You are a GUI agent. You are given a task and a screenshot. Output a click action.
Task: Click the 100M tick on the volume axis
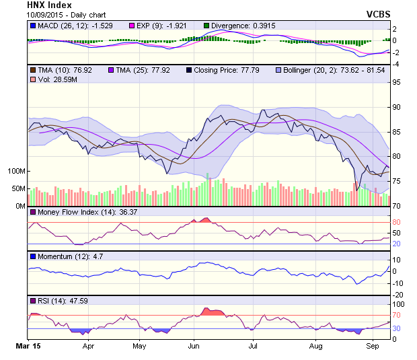click(15, 171)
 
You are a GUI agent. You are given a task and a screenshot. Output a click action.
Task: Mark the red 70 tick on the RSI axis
click(397, 314)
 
